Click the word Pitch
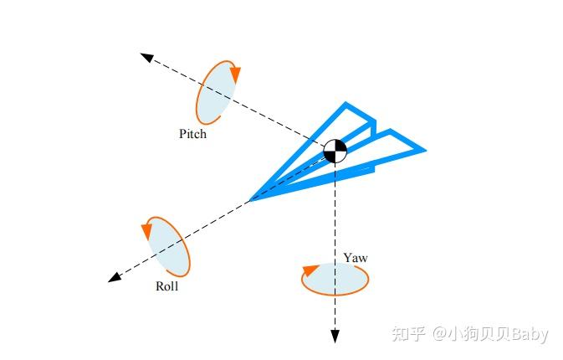192,133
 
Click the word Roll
167,286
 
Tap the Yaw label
356,258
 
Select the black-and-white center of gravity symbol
335,152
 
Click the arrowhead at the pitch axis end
146,57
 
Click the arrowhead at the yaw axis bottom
335,337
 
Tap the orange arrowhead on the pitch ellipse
235,75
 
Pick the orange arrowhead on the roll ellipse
147,226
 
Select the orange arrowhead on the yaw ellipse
310,270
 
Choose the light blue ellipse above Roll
168,246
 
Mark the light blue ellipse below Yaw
335,279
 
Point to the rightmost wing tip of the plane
424,151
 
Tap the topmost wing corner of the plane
345,105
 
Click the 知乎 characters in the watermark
407,334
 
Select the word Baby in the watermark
530,334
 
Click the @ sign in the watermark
441,334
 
